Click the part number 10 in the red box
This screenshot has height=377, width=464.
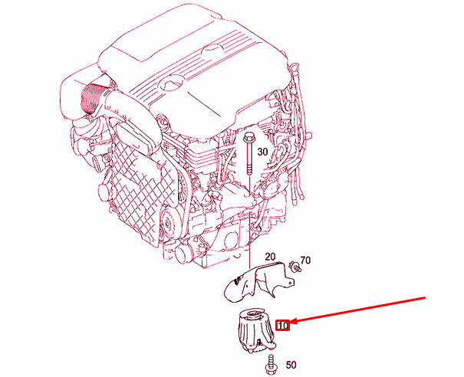pos(282,326)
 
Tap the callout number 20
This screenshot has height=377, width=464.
pos(269,257)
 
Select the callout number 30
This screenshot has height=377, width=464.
pos(262,152)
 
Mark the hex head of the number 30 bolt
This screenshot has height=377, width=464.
pos(250,137)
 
